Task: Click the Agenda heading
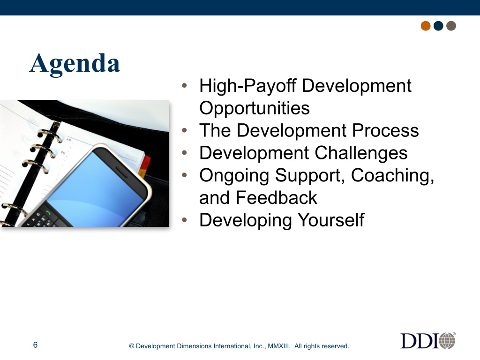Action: pos(75,63)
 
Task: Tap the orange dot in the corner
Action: pos(426,26)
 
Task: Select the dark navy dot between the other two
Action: pos(438,26)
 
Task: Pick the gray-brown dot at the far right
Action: pos(451,26)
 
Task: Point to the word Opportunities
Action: pos(255,108)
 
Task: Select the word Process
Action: pos(385,130)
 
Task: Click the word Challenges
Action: pos(361,153)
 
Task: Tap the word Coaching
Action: pos(392,176)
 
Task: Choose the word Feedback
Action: pos(277,198)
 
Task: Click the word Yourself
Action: pos(331,220)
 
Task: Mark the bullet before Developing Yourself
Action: pos(184,220)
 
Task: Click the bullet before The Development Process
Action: pos(184,130)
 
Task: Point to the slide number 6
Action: pos(35,345)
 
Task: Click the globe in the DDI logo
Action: pos(447,341)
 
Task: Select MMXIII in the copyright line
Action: pos(278,346)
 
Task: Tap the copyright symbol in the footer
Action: pos(132,346)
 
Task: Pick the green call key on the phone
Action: pos(48,212)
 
